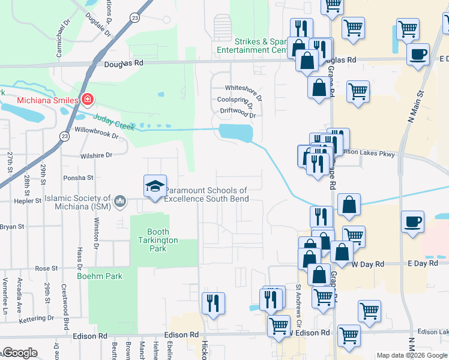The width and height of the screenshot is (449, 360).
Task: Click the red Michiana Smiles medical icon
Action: pos(88,99)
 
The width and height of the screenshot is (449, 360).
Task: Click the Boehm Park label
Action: pos(100,276)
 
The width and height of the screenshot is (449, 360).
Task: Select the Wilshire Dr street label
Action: pos(96,155)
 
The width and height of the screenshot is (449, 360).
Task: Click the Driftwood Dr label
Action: pos(238,110)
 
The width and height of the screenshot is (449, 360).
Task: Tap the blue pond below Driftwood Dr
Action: pos(235,133)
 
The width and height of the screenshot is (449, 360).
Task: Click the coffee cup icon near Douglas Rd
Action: pos(418,54)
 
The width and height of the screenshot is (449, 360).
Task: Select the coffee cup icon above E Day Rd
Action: pos(412,221)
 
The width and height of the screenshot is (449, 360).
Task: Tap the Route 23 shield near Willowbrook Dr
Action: pos(64,137)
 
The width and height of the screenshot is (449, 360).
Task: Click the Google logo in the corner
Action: pos(20,353)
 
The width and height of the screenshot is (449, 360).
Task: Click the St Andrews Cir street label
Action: pos(298,293)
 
